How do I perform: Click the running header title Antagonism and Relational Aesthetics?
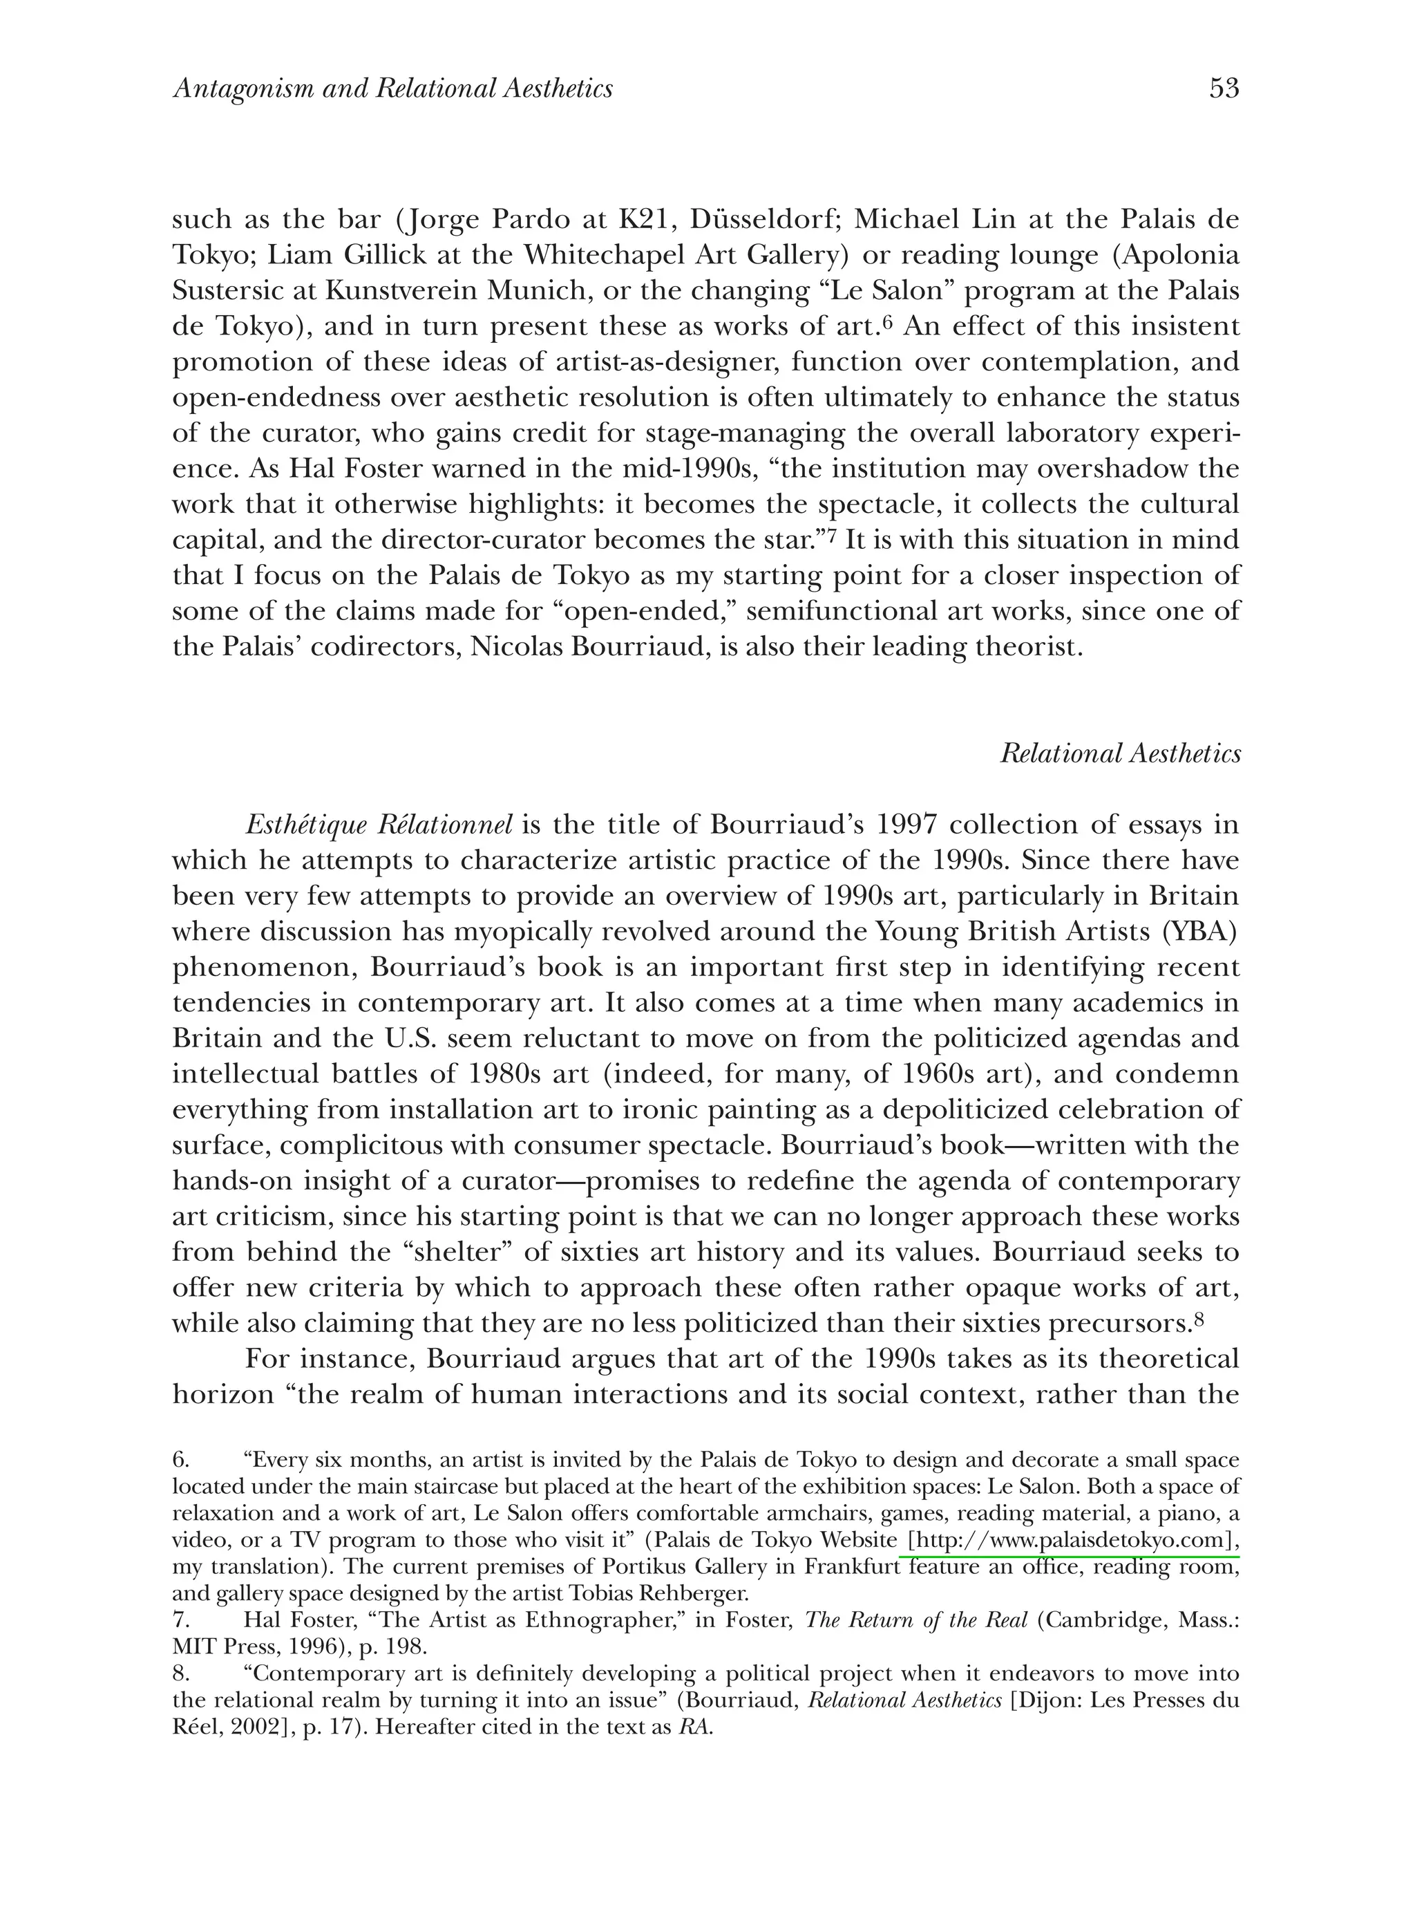(x=393, y=89)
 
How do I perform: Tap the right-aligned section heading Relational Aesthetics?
(x=1121, y=754)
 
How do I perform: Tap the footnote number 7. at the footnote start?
(x=182, y=1620)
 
